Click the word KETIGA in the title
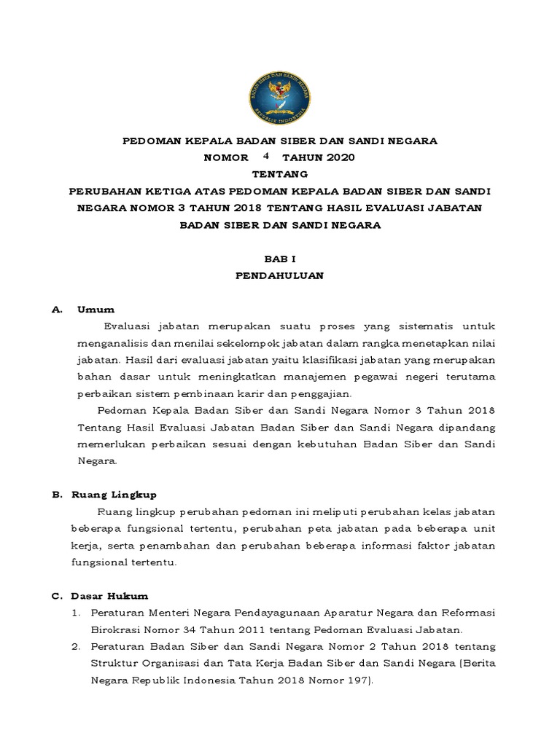pos(173,192)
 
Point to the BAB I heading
pos(279,259)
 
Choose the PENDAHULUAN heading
pos(279,276)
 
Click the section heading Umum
pos(96,310)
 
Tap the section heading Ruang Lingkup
pos(114,495)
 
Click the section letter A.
pos(55,310)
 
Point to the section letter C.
pos(55,596)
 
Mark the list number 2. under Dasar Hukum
pos(77,647)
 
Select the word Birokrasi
pos(119,630)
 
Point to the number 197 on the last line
pos(357,680)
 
